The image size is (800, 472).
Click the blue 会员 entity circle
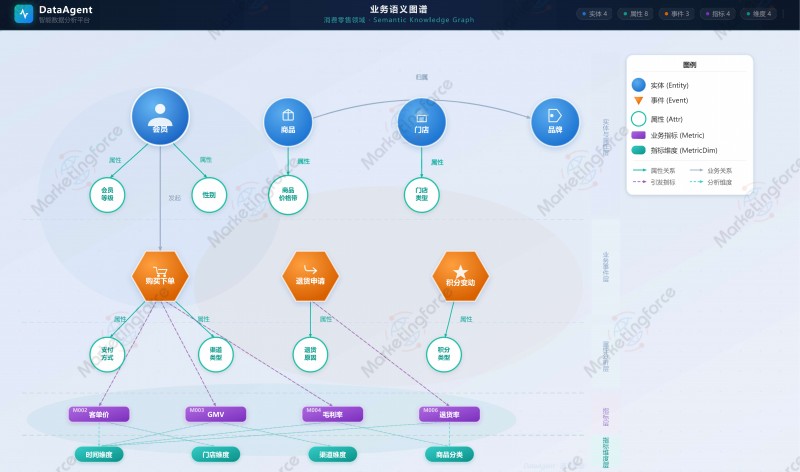[x=160, y=116]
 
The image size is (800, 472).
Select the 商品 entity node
[x=288, y=122]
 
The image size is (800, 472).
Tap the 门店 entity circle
[x=421, y=122]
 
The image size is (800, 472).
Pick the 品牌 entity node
[x=555, y=122]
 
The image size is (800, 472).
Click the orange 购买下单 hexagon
[x=160, y=275]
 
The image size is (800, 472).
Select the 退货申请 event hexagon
[x=310, y=275]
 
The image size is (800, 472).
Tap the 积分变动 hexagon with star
[x=460, y=275]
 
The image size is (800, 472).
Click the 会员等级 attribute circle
[x=107, y=194]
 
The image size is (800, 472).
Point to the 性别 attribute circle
[x=209, y=194]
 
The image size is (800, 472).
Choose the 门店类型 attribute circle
[x=421, y=194]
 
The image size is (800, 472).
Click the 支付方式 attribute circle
[x=107, y=353]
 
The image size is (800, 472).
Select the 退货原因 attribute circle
[x=310, y=353]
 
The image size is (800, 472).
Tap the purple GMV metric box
[x=215, y=414]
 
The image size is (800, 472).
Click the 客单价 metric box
[x=99, y=414]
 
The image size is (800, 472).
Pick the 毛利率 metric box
[x=333, y=414]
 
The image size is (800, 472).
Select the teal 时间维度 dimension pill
[x=99, y=454]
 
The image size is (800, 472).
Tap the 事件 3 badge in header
[x=676, y=14]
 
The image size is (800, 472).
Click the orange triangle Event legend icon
[x=638, y=100]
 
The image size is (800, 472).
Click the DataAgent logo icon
[x=24, y=14]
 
